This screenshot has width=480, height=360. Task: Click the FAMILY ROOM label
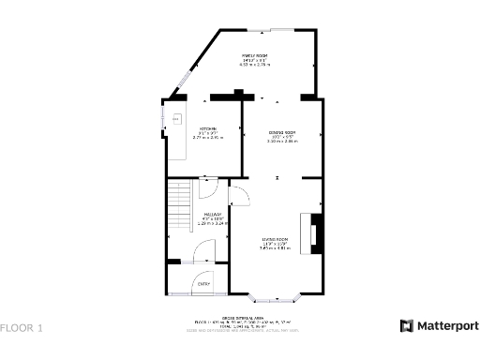[x=256, y=56]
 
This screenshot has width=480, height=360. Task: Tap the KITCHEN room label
[x=207, y=128]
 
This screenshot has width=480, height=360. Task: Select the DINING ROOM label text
[x=282, y=132]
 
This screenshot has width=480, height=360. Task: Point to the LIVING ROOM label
[x=275, y=240]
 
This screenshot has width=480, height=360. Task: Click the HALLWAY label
[x=210, y=215]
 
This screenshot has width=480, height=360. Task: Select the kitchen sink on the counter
[x=174, y=119]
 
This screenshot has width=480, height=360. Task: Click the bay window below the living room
[x=277, y=300]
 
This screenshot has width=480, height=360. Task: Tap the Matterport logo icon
[x=407, y=326]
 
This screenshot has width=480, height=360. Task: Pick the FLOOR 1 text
[x=22, y=328]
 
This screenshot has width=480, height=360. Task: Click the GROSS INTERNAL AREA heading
[x=241, y=317]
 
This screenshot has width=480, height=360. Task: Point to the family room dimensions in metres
[x=256, y=66]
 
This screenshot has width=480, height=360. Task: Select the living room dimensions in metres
[x=275, y=248]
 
